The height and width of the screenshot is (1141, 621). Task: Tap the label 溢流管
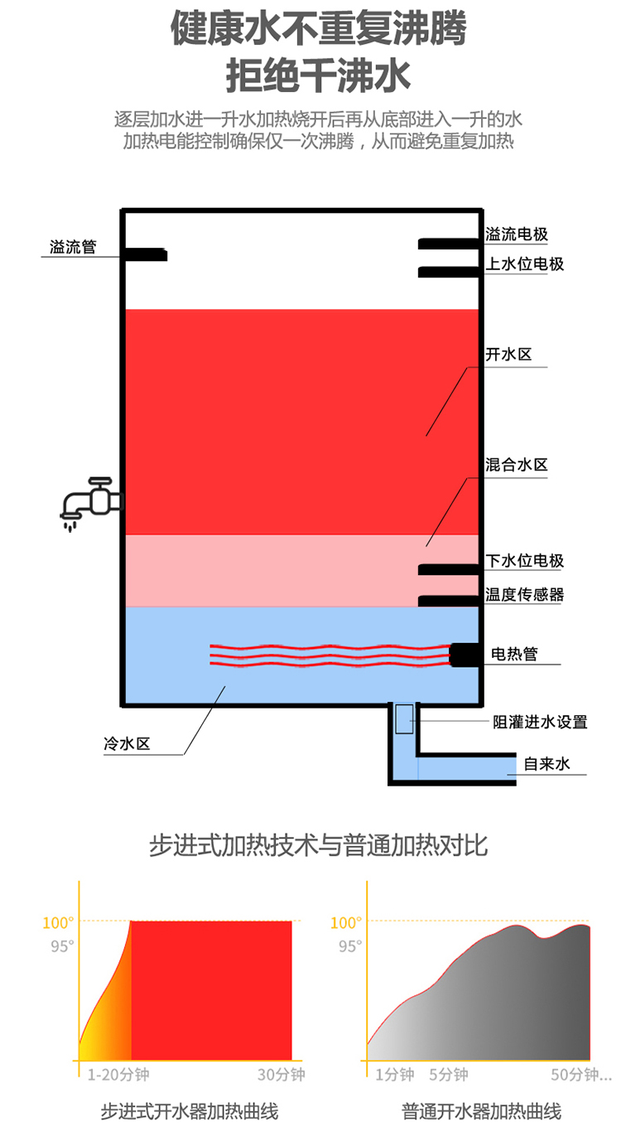tap(73, 247)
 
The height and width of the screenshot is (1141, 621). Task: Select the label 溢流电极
tap(517, 235)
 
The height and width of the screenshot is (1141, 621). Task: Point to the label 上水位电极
tap(524, 264)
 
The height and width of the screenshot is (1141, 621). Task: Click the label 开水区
tap(508, 355)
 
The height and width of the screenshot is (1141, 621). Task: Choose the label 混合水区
tap(517, 465)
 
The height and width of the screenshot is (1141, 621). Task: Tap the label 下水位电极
tap(524, 561)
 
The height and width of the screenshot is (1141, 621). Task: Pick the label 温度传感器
tap(524, 595)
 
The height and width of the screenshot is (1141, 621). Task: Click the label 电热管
tap(514, 654)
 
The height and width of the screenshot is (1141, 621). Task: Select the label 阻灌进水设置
tap(540, 722)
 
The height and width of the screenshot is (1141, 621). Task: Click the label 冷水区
tap(126, 744)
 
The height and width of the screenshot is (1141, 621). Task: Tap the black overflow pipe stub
tap(146, 254)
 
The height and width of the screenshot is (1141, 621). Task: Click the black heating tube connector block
tap(464, 655)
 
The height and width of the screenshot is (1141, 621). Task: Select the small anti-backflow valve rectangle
tap(404, 718)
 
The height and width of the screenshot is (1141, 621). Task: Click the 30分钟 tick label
tap(281, 1075)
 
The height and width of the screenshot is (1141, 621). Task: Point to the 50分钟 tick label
tap(580, 1075)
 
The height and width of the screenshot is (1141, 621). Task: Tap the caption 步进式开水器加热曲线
tap(189, 1111)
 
